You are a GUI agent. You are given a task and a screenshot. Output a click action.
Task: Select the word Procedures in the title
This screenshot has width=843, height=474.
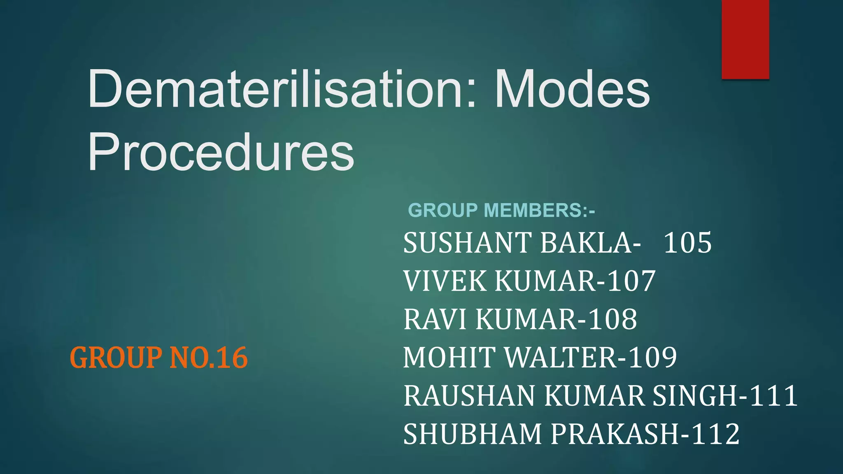click(221, 152)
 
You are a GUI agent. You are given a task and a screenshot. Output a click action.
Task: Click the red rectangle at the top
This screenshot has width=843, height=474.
click(745, 39)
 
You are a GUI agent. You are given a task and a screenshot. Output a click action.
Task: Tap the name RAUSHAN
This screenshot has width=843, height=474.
click(470, 395)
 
